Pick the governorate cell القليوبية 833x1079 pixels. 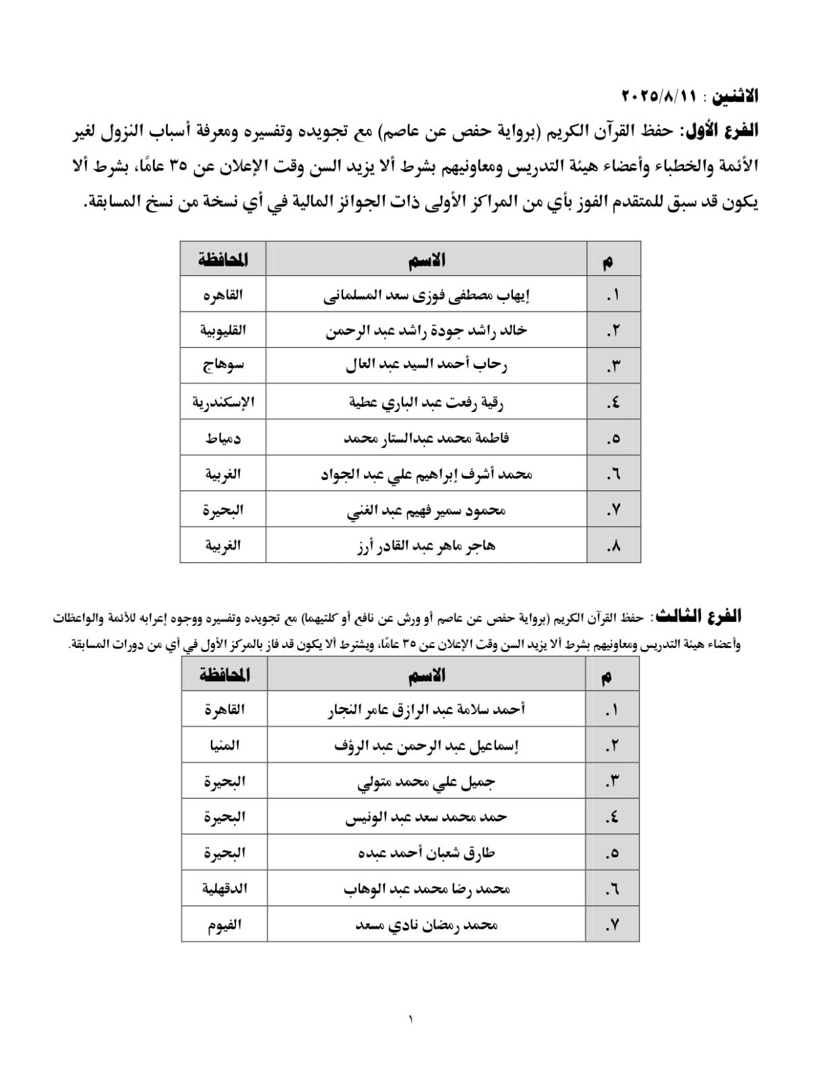[x=223, y=330]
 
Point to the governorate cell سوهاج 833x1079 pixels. [x=223, y=366]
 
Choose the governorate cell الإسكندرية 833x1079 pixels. [x=223, y=402]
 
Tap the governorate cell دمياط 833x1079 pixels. [x=223, y=438]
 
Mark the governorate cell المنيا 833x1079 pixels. [x=224, y=745]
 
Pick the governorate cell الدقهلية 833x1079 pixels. [x=224, y=888]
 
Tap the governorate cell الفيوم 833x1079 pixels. [x=224, y=925]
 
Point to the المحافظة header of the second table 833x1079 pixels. [x=224, y=675]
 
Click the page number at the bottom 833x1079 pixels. [x=410, y=1019]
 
